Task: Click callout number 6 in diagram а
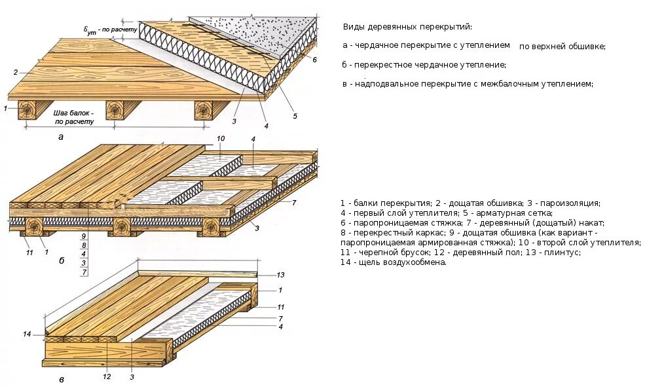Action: (x=314, y=60)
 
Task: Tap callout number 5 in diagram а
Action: (x=295, y=116)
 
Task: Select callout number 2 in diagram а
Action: (x=15, y=72)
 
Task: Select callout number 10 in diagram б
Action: (x=220, y=138)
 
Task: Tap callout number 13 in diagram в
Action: (x=281, y=275)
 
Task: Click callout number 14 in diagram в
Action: (x=27, y=334)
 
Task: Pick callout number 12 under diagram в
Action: (x=107, y=377)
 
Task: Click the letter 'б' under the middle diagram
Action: (x=62, y=260)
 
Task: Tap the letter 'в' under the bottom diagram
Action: (x=61, y=380)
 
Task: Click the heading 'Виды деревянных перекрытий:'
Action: (x=407, y=27)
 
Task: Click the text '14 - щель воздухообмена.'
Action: (x=393, y=262)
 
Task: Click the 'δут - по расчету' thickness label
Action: (x=110, y=30)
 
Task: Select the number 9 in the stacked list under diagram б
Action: (x=84, y=235)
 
